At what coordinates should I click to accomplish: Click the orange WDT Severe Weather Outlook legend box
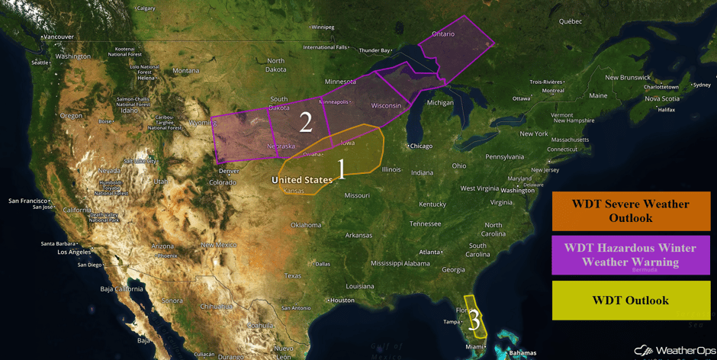(631, 211)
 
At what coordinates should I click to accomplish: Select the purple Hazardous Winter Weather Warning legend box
(631, 255)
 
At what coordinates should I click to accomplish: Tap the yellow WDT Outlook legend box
(631, 300)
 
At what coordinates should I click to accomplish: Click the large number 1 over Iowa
(342, 169)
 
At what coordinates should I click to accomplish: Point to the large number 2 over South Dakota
(306, 122)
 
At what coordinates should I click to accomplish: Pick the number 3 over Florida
(474, 320)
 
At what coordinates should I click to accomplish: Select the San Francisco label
(27, 201)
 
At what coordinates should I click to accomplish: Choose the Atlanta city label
(430, 252)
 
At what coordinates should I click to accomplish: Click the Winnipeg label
(321, 27)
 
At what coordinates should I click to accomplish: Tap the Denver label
(228, 171)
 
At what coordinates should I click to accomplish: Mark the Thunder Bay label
(375, 50)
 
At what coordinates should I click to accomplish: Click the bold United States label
(302, 180)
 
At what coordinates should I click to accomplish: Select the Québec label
(570, 21)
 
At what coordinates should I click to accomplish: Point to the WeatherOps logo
(674, 350)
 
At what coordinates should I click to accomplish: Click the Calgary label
(145, 8)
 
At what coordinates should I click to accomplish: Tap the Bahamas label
(522, 353)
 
